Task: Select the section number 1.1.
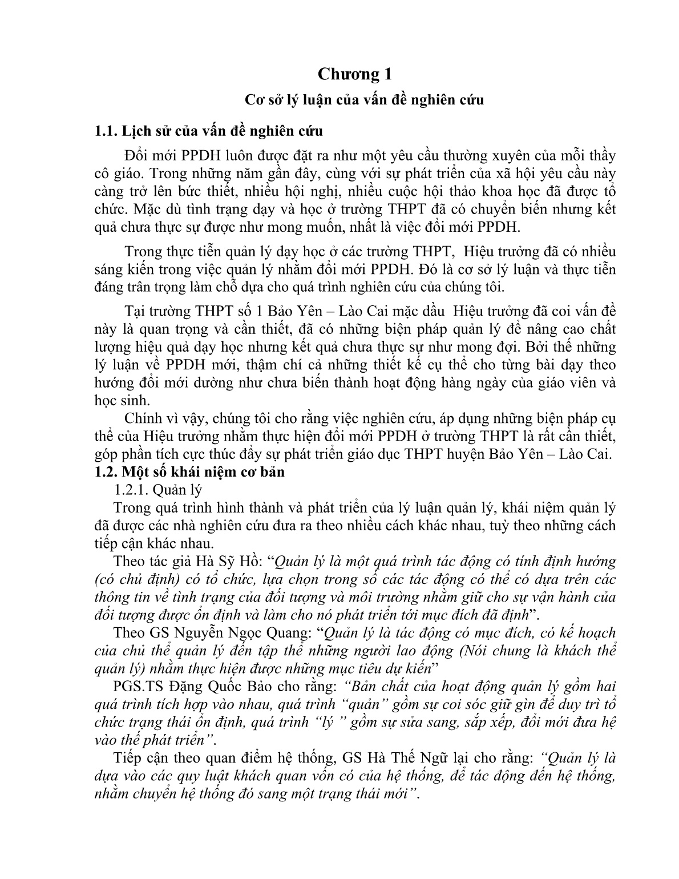(x=106, y=131)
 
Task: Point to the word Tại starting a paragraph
(x=135, y=312)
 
